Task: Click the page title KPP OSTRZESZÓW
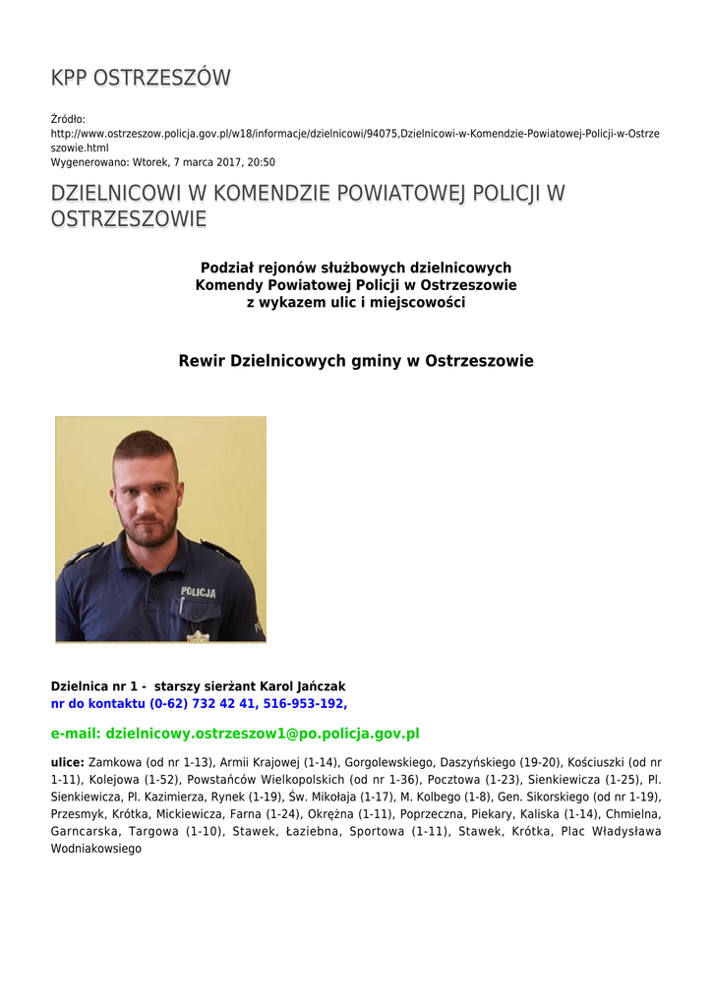pos(141,78)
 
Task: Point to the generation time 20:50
pos(261,162)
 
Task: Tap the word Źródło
pos(68,118)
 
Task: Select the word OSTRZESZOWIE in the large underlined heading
pos(128,219)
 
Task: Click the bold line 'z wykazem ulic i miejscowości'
pos(355,302)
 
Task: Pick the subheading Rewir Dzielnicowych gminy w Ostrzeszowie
pos(355,361)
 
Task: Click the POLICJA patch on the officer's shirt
pos(198,592)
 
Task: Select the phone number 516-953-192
pos(305,703)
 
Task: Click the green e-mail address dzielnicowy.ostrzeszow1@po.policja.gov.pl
pos(263,734)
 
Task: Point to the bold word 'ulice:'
pos(67,762)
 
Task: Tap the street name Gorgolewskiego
pos(389,762)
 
